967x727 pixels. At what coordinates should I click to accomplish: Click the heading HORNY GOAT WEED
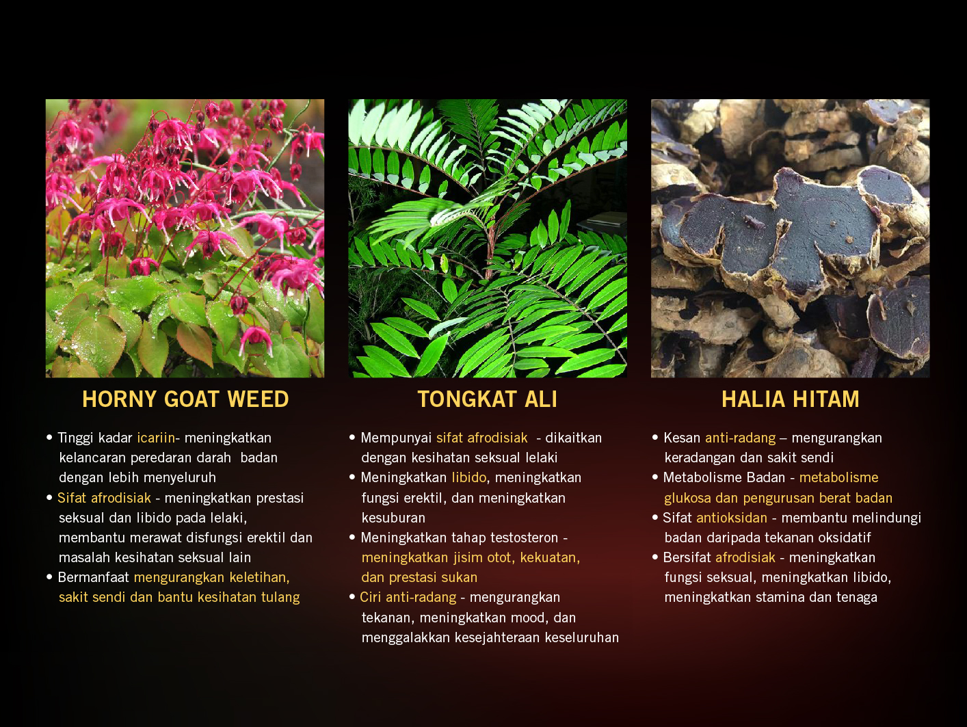coord(185,399)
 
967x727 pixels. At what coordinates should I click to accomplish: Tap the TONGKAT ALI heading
coord(487,399)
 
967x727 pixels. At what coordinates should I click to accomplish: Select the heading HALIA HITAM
coord(791,399)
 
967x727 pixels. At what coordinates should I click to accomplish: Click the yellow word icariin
coord(156,438)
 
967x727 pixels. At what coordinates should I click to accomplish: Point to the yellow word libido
coord(469,477)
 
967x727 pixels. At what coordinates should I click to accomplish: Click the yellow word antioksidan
coord(732,518)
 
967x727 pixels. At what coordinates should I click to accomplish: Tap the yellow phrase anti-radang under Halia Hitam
coord(741,438)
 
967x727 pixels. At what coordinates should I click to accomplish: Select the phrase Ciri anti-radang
coord(408,598)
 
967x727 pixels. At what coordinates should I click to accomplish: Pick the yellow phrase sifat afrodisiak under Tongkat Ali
coord(482,438)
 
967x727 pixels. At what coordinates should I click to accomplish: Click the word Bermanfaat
coord(94,577)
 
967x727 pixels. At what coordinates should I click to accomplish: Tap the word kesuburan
coord(393,518)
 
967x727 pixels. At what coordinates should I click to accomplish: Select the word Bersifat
coord(687,557)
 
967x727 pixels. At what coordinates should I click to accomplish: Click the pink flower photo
coord(185,239)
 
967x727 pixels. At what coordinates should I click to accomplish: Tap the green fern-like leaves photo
coord(488,239)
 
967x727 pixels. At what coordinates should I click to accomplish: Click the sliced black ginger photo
coord(791,239)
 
